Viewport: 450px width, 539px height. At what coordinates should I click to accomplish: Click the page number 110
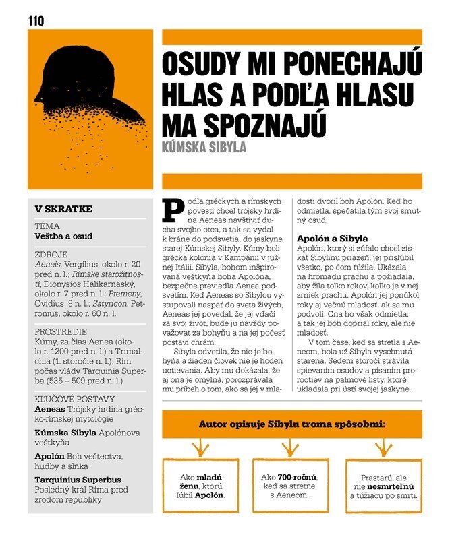(x=36, y=21)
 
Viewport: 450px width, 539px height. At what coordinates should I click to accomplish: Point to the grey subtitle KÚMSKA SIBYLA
(x=205, y=146)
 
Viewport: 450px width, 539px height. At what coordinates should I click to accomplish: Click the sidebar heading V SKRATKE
(x=63, y=209)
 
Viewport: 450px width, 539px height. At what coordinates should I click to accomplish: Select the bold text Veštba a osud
(x=63, y=236)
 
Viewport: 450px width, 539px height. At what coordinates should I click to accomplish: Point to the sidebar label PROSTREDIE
(x=61, y=332)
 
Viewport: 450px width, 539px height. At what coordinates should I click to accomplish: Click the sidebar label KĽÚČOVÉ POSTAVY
(x=75, y=399)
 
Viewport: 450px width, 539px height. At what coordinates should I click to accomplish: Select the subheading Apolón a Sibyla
(x=333, y=239)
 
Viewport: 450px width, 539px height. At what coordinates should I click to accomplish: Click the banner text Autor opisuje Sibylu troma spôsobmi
(x=292, y=425)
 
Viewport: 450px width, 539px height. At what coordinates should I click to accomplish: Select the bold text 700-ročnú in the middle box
(x=297, y=477)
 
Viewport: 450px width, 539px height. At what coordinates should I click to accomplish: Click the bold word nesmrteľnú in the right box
(x=391, y=486)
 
